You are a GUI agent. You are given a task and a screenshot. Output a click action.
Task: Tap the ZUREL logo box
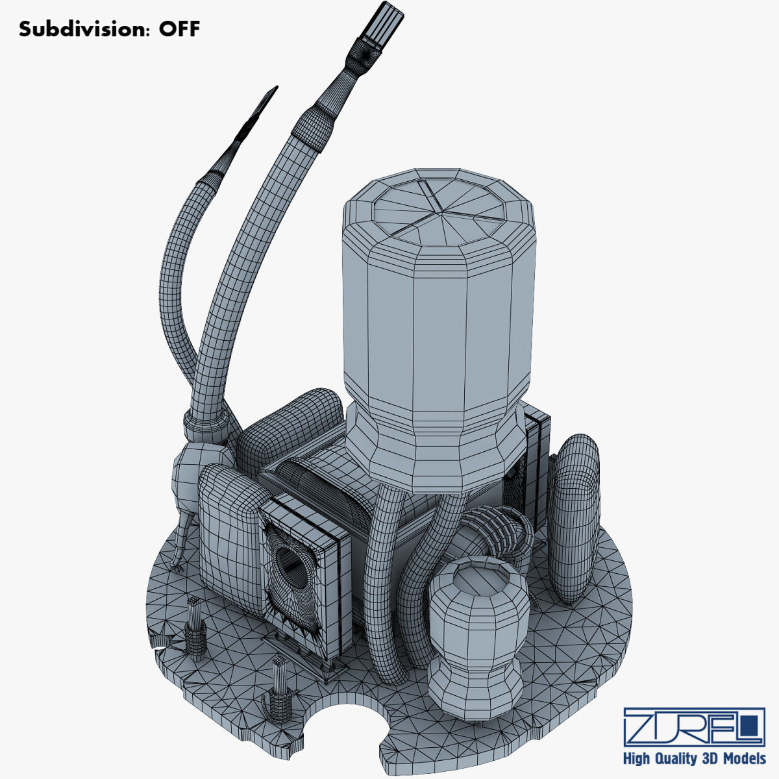pos(693,727)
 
